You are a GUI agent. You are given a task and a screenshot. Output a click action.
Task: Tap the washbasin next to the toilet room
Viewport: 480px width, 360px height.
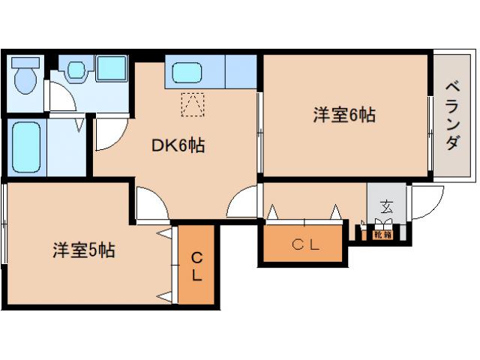tap(76, 71)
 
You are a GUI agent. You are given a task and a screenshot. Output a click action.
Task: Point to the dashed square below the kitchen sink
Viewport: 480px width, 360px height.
tap(193, 103)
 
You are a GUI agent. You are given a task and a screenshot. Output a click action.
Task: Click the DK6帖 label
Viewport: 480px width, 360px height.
tap(179, 146)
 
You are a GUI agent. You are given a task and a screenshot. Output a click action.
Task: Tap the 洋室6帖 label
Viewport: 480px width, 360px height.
tap(344, 115)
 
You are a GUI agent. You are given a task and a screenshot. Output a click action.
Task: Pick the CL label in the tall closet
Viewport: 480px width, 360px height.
tap(196, 266)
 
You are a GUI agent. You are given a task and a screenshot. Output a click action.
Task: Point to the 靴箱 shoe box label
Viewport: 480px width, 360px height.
tap(382, 235)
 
